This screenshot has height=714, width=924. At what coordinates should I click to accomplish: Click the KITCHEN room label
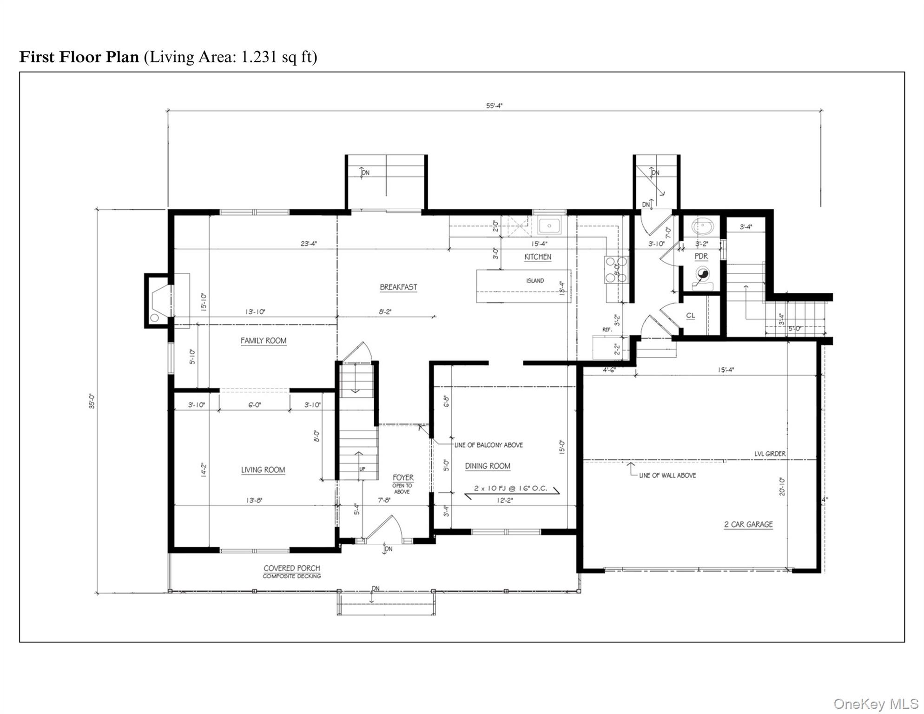[x=538, y=257]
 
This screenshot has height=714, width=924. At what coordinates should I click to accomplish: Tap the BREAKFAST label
[x=398, y=287]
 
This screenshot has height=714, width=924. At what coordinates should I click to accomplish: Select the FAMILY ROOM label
[x=264, y=341]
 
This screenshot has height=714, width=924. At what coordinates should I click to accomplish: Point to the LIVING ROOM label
[x=263, y=470]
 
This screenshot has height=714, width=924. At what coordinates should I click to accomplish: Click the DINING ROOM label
[x=488, y=466]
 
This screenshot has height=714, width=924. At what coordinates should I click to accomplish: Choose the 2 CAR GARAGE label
[x=748, y=524]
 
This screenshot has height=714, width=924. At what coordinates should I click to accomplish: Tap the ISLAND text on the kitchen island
[x=535, y=281]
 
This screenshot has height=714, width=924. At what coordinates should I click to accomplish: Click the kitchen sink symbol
[x=549, y=226]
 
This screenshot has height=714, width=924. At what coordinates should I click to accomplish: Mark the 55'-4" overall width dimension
[x=495, y=106]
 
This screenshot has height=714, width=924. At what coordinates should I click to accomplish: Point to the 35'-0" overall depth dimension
[x=92, y=401]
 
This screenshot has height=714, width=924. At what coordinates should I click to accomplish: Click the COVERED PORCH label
[x=292, y=568]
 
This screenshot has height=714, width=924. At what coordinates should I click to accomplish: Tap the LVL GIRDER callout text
[x=770, y=454]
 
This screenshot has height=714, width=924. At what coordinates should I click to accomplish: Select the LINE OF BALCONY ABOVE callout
[x=488, y=445]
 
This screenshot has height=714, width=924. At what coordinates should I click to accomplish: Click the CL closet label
[x=691, y=316]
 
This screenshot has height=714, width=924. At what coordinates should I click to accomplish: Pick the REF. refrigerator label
[x=607, y=330]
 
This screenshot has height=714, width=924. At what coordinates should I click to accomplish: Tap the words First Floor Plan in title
[x=79, y=57]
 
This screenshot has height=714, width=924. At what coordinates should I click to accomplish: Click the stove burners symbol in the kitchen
[x=615, y=270]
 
